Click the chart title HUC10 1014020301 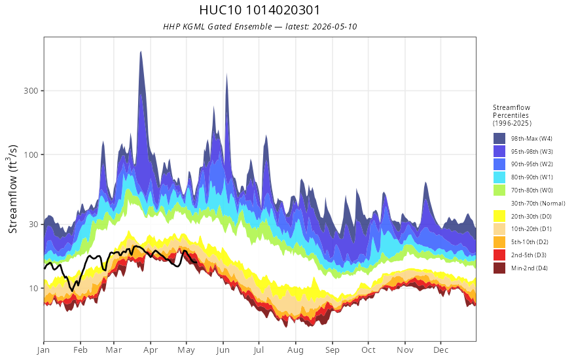[260, 10]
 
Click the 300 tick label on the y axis [31, 91]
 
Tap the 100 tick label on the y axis [31, 154]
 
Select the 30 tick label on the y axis [34, 224]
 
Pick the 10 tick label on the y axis [34, 288]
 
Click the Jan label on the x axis [44, 350]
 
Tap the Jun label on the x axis [223, 350]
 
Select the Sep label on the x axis [333, 350]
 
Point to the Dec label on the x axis [441, 350]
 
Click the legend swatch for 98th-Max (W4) [499, 139]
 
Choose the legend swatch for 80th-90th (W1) [499, 177]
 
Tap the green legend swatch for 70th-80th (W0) [499, 190]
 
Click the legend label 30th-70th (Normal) [538, 204]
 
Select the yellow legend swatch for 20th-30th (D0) [499, 217]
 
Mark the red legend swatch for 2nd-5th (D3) [499, 255]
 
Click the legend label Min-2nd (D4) [530, 268]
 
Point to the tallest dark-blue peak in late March [141, 52]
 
